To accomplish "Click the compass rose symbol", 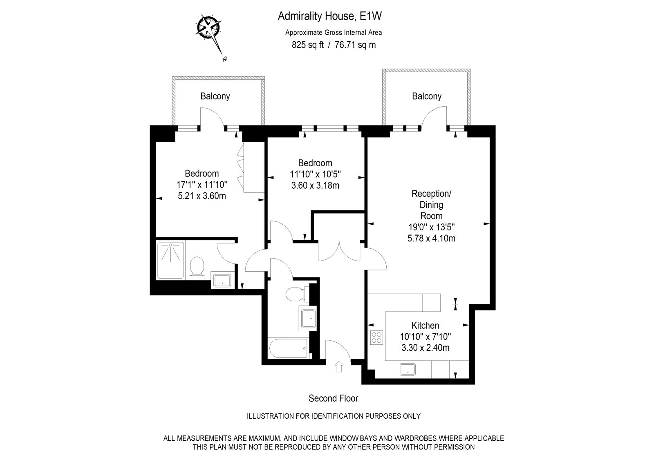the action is (208, 27).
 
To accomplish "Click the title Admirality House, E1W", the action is (329, 16).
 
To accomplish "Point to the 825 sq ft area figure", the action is (308, 45).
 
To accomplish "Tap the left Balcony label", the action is (215, 96).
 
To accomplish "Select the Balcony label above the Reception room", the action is (427, 96).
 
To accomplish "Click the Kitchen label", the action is (425, 326).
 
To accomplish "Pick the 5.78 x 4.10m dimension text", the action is (431, 239).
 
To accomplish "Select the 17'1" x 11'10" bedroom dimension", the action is (202, 185).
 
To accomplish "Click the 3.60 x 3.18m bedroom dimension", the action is (315, 185).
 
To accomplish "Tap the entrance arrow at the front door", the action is (339, 366).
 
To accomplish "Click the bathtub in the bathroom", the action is (288, 348).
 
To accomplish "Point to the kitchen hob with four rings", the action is (376, 337).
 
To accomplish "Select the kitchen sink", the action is (408, 369).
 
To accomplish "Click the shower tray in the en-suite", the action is (171, 260).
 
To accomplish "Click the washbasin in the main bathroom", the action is (308, 318).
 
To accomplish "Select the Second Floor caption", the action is (334, 398).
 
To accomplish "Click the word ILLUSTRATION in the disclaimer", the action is (270, 416).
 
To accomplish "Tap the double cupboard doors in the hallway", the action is (339, 251).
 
